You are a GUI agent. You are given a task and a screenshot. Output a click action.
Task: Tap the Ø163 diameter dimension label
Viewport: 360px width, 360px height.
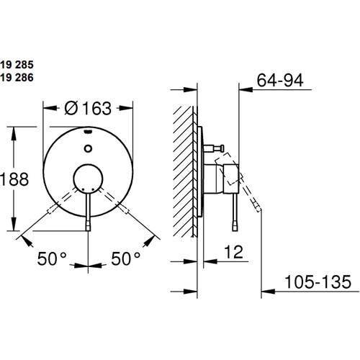pos(87,108)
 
